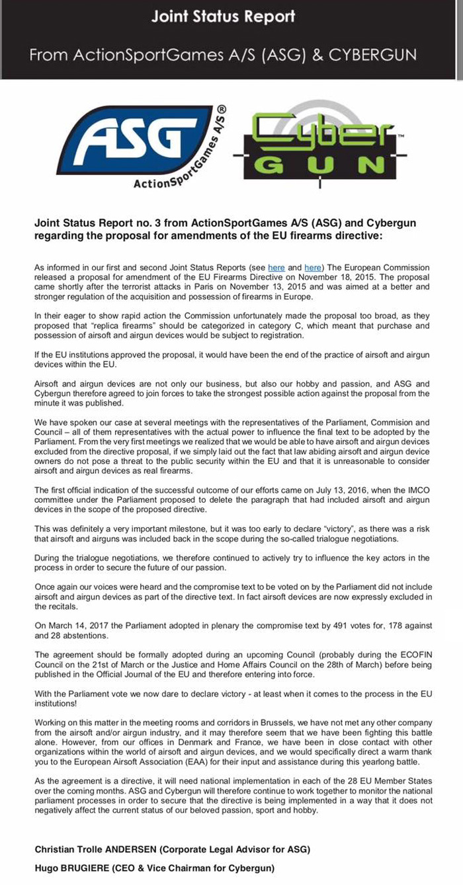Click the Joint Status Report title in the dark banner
(223, 17)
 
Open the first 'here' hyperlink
(276, 268)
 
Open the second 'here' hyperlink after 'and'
(313, 268)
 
